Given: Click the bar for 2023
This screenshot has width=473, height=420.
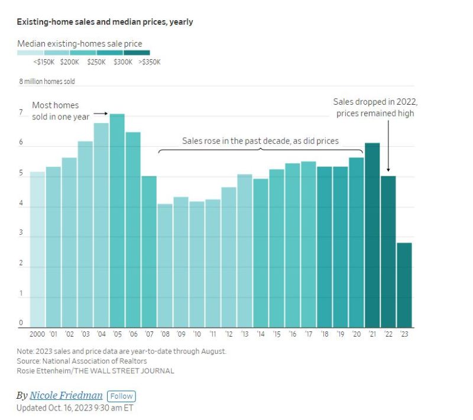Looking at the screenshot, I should coord(404,285).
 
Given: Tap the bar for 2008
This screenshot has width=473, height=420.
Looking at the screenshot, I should coord(165,266).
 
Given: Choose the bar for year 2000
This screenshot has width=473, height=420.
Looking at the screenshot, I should coord(37,249).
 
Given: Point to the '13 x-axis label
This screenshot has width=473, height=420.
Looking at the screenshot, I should coord(245,334).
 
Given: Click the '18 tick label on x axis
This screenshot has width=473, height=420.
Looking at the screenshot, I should coord(325,334).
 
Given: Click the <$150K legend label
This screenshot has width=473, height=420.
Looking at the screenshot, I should coord(44,62).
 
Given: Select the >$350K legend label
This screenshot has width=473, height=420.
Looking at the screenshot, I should coord(150,62).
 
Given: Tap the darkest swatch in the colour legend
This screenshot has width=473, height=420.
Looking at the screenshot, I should coord(137,53).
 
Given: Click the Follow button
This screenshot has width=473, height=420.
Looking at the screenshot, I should coord(121,396).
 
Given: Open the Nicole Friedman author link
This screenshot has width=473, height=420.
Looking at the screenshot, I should coord(66,396).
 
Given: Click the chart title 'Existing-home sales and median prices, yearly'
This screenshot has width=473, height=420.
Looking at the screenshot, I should coord(105,22).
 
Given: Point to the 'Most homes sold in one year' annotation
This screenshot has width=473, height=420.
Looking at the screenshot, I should coord(60,111).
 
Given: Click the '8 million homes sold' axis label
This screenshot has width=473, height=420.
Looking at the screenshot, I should coord(47,82).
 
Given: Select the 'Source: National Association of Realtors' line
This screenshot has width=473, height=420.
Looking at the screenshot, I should coord(82,361).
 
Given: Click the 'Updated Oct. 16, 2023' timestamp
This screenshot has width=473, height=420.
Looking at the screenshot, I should coord(75,408).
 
